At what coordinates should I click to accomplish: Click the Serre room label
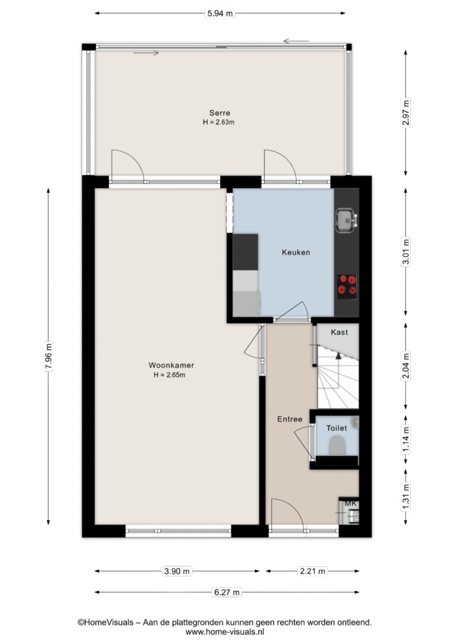[x=219, y=113]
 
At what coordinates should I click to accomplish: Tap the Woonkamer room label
[x=171, y=365]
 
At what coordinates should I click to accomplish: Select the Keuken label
[x=295, y=252]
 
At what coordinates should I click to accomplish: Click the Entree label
[x=290, y=419]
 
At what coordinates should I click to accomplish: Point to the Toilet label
[x=337, y=428]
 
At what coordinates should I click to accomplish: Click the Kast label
[x=339, y=332]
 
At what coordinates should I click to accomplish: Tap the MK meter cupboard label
[x=351, y=504]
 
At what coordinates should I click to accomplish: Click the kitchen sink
[x=346, y=220]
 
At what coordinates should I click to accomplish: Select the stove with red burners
[x=347, y=286]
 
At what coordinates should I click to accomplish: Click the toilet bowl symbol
[x=337, y=445]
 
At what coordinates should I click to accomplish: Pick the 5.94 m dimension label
[x=220, y=13]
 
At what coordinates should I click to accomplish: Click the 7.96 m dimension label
[x=48, y=356]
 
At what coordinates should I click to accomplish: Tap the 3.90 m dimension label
[x=177, y=571]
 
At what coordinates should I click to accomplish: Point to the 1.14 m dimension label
[x=406, y=440]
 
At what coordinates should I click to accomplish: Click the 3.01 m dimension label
[x=406, y=252]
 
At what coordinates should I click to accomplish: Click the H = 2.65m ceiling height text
[x=169, y=375]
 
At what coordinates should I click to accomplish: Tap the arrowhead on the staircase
[x=338, y=355]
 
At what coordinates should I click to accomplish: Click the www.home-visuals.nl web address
[x=224, y=632]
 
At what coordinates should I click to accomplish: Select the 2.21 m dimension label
[x=313, y=571]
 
